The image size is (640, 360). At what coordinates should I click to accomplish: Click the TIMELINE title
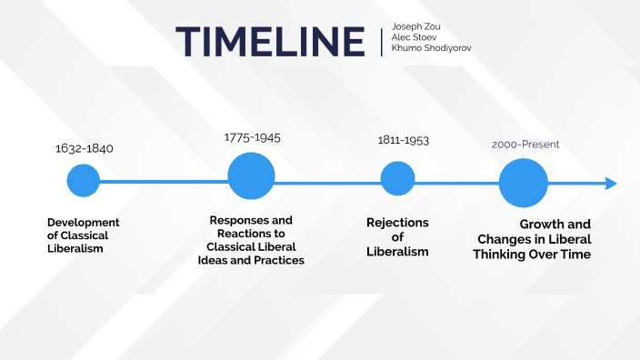point(270,41)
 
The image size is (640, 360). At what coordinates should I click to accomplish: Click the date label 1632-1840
point(84,148)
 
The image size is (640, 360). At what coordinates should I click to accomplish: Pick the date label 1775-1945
point(252,137)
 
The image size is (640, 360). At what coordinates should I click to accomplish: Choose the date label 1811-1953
point(403,141)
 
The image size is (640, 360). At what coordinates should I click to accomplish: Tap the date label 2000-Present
point(525,145)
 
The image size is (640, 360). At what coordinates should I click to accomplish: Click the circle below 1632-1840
point(83,181)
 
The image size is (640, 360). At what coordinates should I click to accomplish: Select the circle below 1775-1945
point(251,176)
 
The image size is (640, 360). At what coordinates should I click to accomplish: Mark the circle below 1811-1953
point(397,178)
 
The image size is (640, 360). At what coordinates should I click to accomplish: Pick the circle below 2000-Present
point(524,183)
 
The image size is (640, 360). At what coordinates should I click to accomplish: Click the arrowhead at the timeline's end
point(611,184)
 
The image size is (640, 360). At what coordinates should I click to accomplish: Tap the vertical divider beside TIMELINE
point(382,41)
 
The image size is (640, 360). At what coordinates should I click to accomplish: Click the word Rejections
point(397,223)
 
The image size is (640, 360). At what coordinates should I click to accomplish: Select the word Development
point(83,223)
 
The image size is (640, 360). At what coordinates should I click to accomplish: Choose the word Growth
point(542,224)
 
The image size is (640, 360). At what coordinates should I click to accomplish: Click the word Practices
point(278,260)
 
